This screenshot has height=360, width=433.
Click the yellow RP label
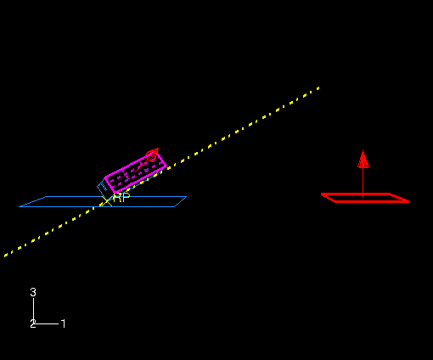(121, 198)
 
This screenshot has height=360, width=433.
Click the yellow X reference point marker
(107, 201)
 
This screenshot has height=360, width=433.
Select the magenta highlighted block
(135, 172)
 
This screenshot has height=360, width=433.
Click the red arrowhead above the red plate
(363, 159)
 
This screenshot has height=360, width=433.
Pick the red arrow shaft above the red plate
(363, 182)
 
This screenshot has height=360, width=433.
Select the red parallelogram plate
(365, 198)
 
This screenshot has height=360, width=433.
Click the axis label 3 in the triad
(33, 292)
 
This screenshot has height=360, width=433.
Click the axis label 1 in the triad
(64, 323)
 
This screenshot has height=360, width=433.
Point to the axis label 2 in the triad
(33, 323)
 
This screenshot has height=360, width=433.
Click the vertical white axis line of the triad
(34, 310)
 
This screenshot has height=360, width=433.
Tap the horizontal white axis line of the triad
(46, 323)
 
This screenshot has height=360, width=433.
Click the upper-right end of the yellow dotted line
(318, 88)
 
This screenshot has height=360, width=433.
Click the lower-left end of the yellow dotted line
(5, 256)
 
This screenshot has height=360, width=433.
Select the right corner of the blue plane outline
(186, 196)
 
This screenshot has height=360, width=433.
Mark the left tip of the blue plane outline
(20, 206)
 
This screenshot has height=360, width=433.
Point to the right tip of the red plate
(408, 201)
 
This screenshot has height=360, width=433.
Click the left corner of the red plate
(322, 194)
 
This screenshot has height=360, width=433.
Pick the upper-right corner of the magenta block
(160, 154)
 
